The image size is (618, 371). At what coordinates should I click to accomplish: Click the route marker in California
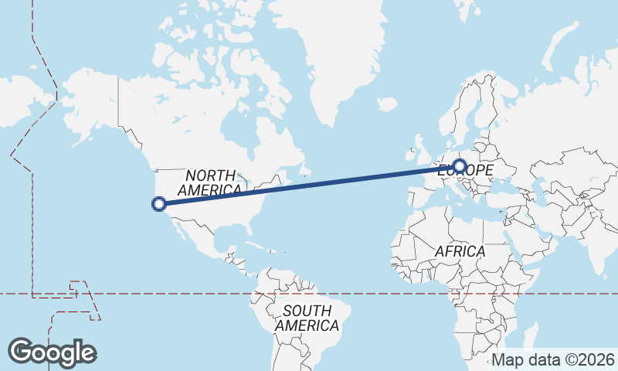[159, 204]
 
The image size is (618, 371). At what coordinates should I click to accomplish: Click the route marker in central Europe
[460, 166]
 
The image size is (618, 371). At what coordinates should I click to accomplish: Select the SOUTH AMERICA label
[307, 318]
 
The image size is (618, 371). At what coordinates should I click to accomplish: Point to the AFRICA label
[460, 251]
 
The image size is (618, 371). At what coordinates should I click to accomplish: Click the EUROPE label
[465, 170]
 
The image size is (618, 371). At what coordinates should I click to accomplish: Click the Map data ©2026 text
[553, 359]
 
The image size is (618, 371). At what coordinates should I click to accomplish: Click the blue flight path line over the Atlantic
[324, 182]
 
